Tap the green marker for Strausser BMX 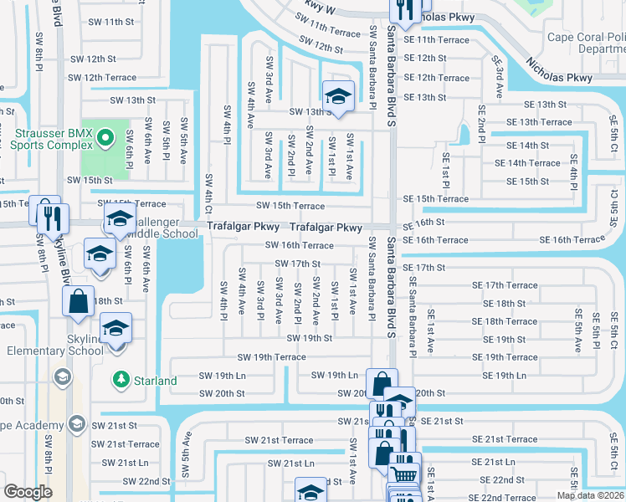[105, 137]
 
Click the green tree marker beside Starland [122, 381]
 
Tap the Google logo [28, 492]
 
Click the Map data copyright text [590, 495]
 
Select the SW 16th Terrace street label [299, 245]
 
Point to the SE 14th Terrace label [533, 163]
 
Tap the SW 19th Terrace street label [271, 357]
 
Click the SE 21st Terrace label [505, 439]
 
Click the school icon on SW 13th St [338, 97]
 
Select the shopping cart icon [405, 473]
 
